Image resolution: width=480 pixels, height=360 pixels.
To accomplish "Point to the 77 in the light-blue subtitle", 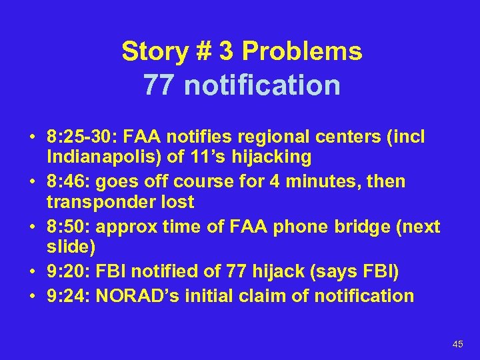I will pyautogui.click(x=159, y=85).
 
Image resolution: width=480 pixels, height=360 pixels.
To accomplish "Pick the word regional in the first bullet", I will pyautogui.click(x=277, y=137).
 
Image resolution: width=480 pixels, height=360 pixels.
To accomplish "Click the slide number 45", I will pyautogui.click(x=457, y=344).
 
